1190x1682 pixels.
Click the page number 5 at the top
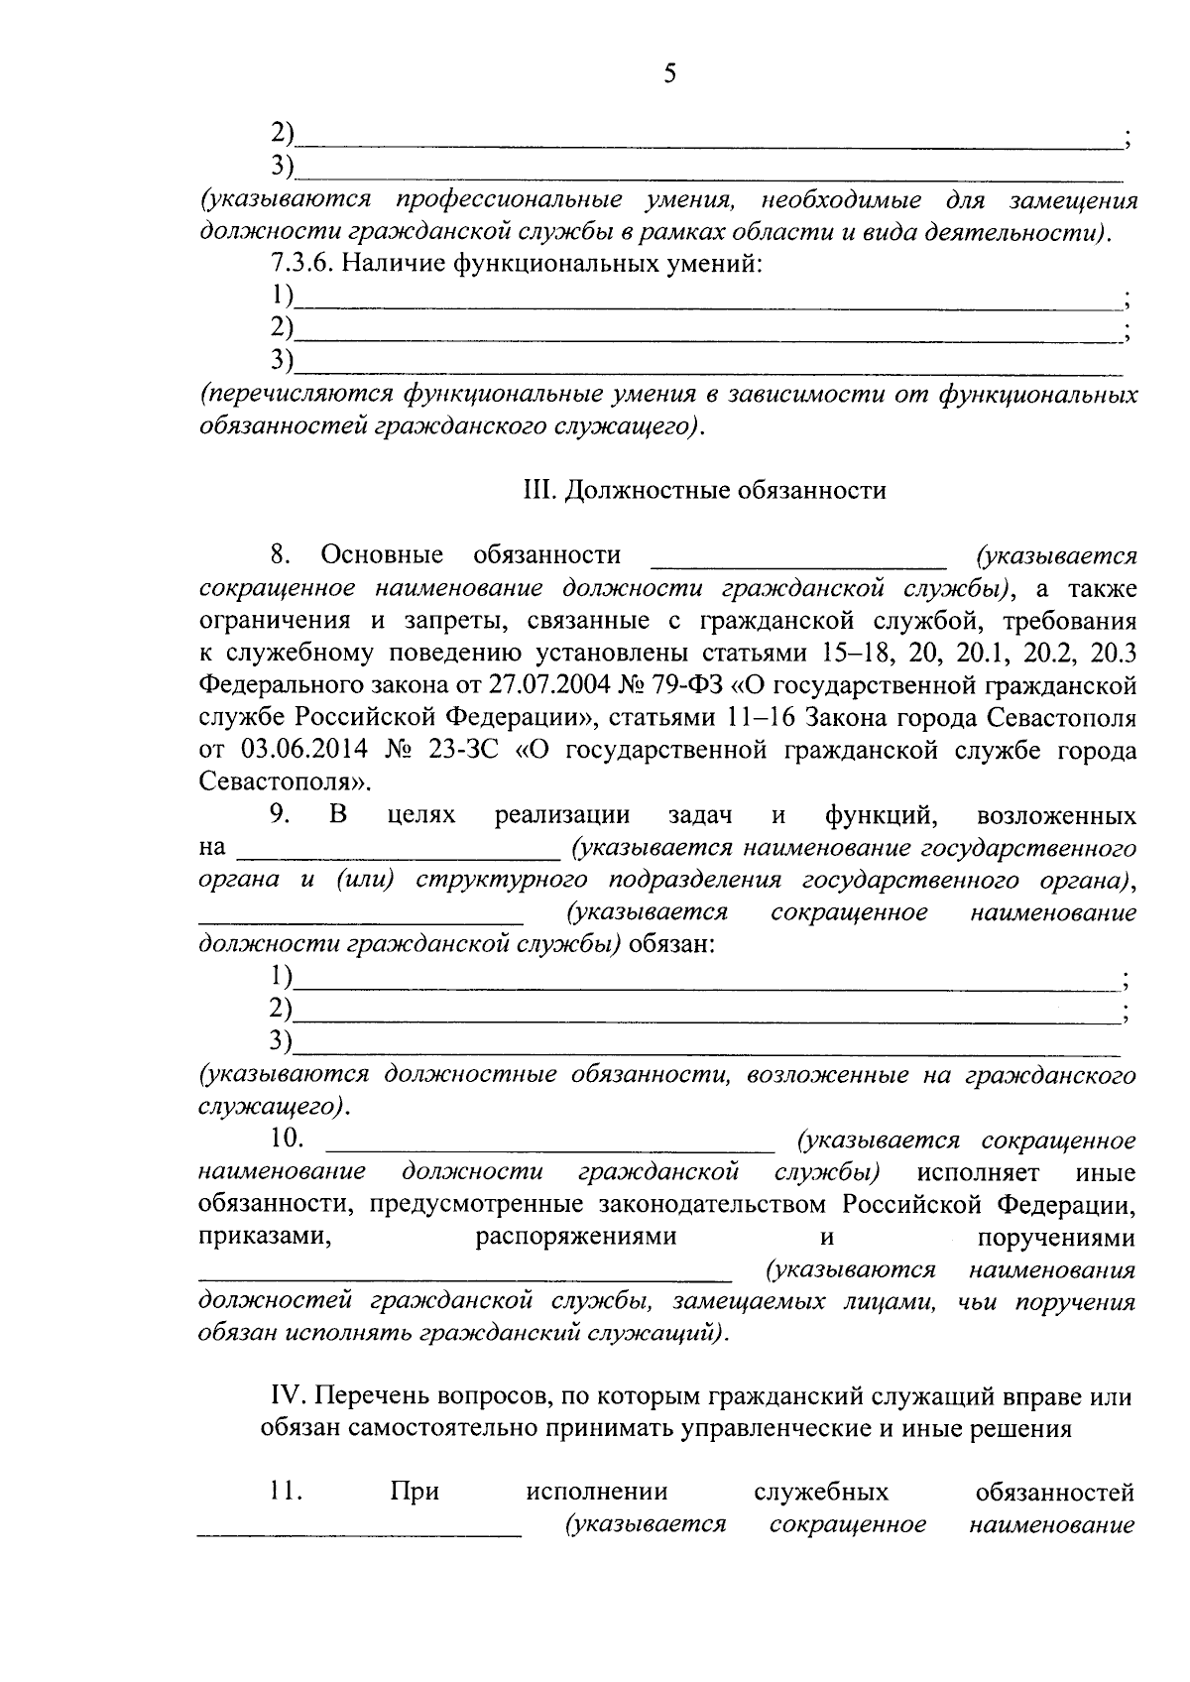pyautogui.click(x=669, y=73)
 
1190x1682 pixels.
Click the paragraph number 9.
pyautogui.click(x=280, y=815)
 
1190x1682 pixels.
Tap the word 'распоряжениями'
pyautogui.click(x=576, y=1238)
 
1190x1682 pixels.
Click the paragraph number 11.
pyautogui.click(x=284, y=1492)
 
